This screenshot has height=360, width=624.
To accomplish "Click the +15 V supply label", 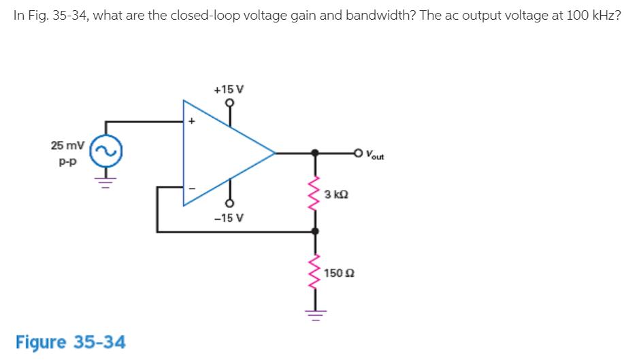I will [229, 89].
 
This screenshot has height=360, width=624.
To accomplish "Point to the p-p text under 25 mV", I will [67, 163].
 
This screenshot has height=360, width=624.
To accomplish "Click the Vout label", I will [374, 154].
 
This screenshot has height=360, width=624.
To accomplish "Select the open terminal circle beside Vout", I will [358, 152].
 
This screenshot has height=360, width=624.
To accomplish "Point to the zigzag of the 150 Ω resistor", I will [314, 272].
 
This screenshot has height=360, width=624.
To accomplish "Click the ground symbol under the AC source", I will [105, 182].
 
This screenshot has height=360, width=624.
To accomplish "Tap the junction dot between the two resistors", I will [314, 231].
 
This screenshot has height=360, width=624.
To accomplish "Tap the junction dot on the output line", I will [314, 152].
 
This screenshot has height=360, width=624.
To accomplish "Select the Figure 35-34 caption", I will [70, 340].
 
